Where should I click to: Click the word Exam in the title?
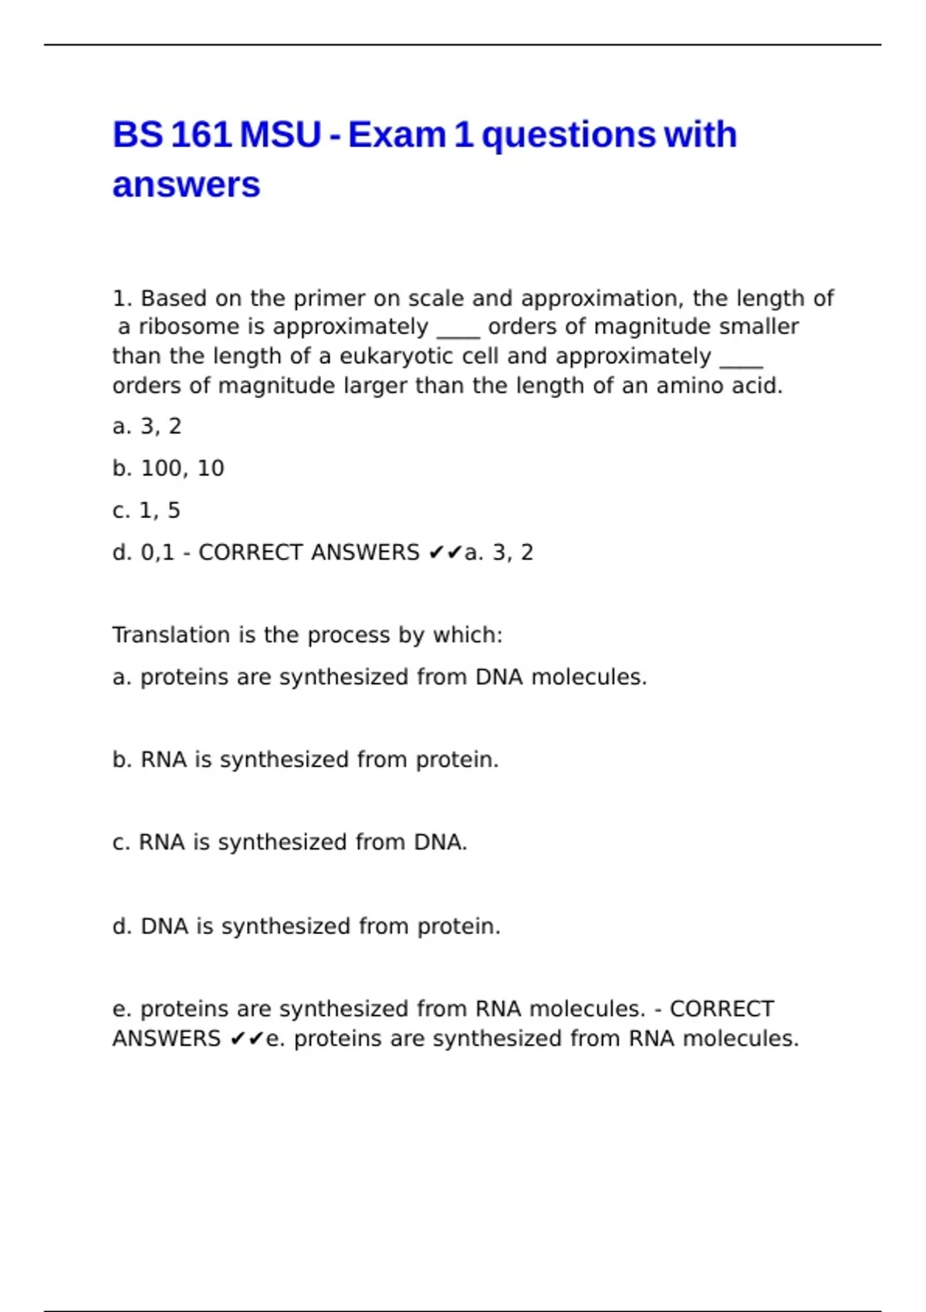tap(397, 135)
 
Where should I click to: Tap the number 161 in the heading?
tap(201, 135)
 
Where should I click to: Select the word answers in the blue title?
tap(186, 185)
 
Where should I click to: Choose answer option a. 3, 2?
tap(147, 426)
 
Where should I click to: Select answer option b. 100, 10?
tap(168, 468)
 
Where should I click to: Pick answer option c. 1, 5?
tap(146, 510)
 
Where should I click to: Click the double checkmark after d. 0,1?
tap(445, 553)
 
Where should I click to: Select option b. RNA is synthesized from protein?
tap(306, 760)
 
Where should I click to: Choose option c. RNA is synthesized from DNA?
tap(289, 843)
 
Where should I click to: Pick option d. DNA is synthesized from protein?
tap(306, 926)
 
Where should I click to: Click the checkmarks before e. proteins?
tap(247, 1040)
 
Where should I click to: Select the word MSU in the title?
tap(280, 135)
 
